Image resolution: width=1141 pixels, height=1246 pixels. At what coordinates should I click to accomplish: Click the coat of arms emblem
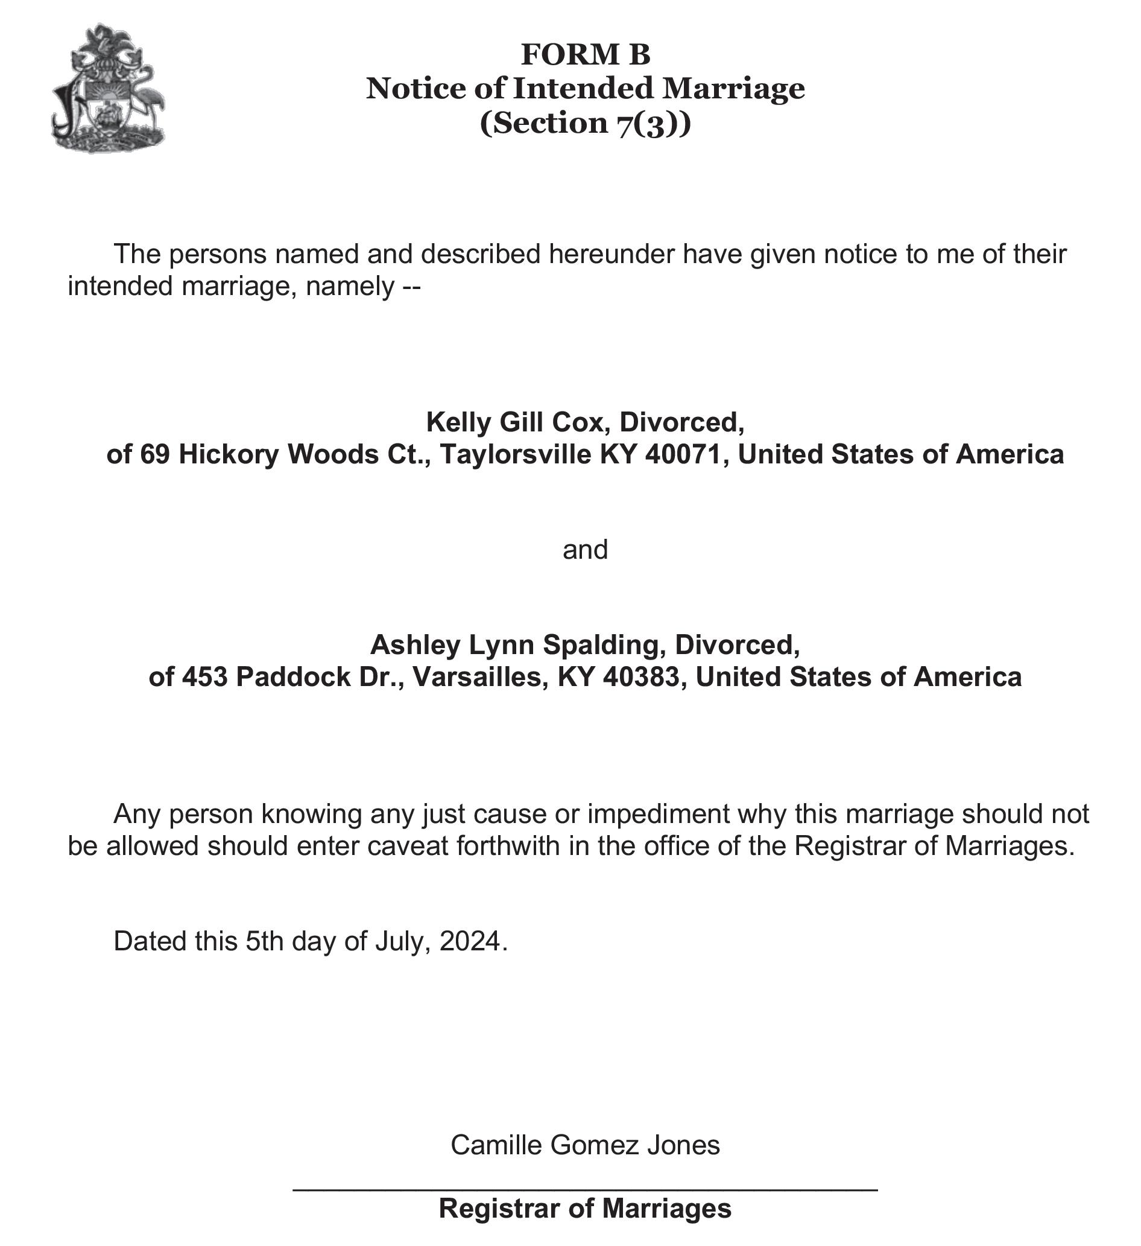pyautogui.click(x=108, y=88)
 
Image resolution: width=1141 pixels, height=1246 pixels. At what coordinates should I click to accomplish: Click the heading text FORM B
pyautogui.click(x=585, y=54)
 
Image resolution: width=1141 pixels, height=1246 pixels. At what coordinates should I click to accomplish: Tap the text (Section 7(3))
pyautogui.click(x=585, y=122)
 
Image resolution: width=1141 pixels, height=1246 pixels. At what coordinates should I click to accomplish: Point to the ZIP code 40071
pyautogui.click(x=683, y=455)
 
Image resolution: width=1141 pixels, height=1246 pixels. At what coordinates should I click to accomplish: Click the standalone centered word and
pyautogui.click(x=585, y=550)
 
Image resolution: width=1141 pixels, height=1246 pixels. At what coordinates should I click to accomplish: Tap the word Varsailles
pyautogui.click(x=479, y=678)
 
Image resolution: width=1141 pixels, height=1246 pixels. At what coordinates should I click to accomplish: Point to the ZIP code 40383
pyautogui.click(x=640, y=678)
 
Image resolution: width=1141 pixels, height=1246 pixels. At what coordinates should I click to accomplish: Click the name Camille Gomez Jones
pyautogui.click(x=585, y=1145)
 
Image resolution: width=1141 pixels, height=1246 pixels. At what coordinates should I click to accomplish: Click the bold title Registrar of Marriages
pyautogui.click(x=585, y=1209)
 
